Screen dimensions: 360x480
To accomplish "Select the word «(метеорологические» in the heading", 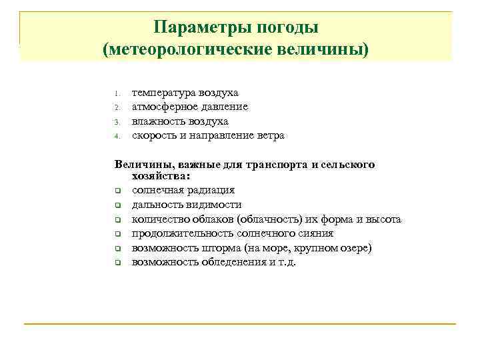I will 198,50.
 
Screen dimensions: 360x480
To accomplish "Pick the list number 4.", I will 116,136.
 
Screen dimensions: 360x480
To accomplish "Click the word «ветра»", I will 269,135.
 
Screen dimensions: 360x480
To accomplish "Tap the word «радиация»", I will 211,191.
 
